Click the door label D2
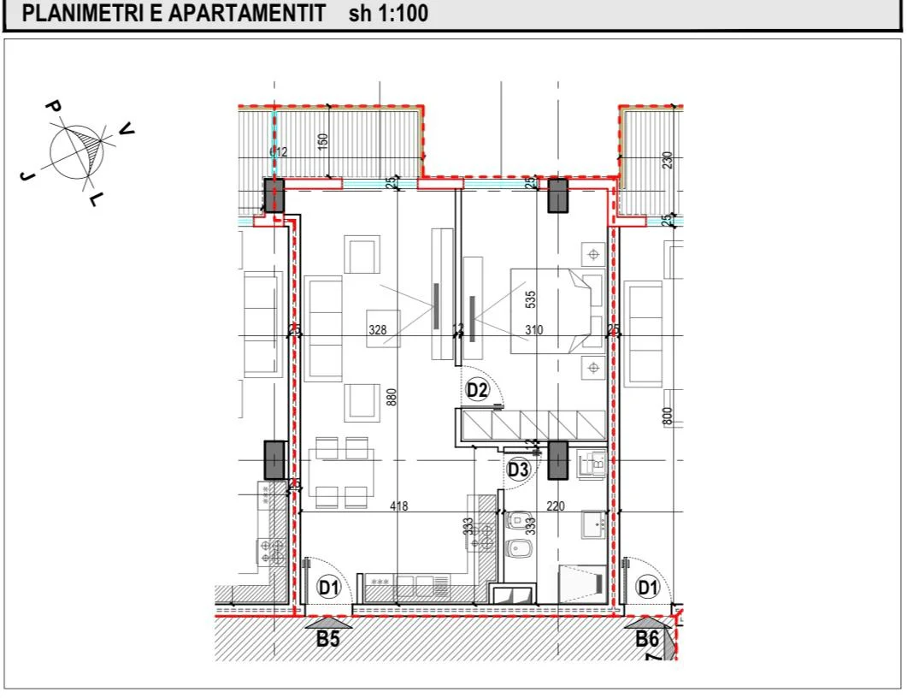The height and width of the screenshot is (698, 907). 477,391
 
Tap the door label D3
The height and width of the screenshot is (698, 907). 518,469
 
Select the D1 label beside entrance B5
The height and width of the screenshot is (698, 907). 328,588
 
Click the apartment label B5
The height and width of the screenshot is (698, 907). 328,638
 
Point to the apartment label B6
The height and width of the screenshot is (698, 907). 647,638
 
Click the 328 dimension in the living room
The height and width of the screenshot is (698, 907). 377,329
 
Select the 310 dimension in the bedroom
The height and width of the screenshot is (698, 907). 535,329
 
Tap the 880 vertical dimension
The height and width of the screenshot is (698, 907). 392,397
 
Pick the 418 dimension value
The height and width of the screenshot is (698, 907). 398,506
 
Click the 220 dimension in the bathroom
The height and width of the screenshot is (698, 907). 555,506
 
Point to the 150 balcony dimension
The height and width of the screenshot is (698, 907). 323,142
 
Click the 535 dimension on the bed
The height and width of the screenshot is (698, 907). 531,299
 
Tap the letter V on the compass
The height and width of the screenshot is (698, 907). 127,128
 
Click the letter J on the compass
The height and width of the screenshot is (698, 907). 27,174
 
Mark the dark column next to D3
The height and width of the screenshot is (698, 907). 557,459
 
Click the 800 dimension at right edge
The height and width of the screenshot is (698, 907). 668,416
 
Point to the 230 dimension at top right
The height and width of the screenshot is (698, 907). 668,160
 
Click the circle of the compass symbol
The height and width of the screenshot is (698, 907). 75,151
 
